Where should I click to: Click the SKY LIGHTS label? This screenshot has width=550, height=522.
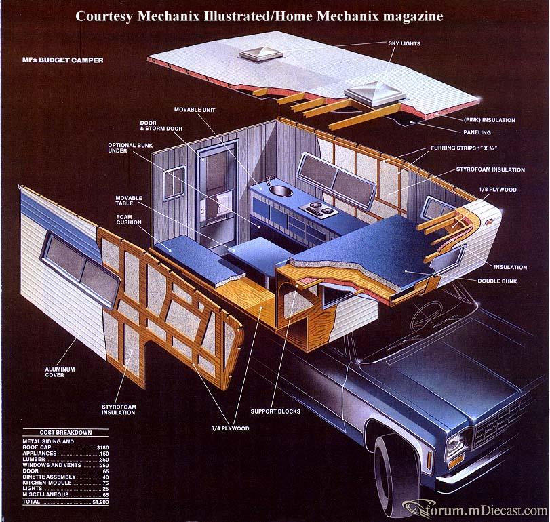coord(404,43)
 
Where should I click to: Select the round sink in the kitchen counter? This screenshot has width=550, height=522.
coord(281,191)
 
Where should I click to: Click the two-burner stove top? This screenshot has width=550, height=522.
coord(319,209)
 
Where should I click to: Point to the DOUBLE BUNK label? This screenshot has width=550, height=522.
coord(497,281)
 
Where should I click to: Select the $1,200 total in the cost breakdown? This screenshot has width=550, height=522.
coord(100,502)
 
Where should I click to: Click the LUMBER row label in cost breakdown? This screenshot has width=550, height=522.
coord(34,459)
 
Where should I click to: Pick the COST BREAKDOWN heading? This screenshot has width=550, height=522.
coord(66,433)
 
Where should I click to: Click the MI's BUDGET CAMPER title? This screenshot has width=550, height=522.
coord(63,60)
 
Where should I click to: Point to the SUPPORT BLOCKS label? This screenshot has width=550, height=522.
coord(275,411)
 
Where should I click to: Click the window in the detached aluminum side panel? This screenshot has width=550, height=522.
coord(81,269)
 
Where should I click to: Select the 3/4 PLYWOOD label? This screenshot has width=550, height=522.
coord(230,428)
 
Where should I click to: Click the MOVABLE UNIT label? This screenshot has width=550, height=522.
coord(195,110)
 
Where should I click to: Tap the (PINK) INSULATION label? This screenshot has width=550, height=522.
coord(490,120)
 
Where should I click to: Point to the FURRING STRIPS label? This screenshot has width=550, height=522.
coord(464,148)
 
